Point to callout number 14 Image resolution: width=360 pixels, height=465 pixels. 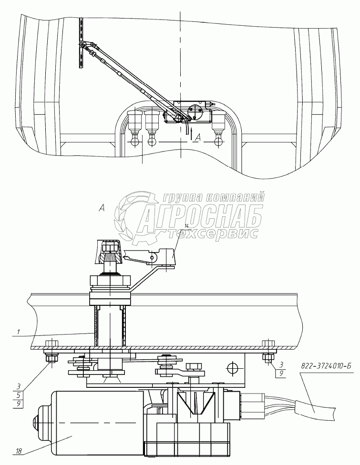point(186,226)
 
